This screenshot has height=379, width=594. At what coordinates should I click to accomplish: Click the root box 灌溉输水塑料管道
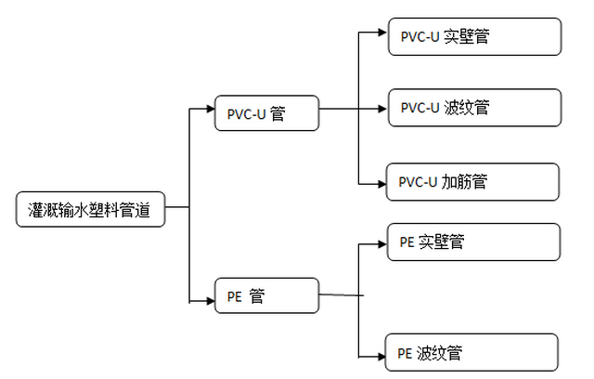(x=91, y=210)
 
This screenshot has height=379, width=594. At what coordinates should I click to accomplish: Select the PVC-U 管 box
(x=266, y=114)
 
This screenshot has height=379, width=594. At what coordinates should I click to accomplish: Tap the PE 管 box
(x=266, y=297)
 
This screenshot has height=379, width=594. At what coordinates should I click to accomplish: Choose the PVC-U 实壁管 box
(x=474, y=38)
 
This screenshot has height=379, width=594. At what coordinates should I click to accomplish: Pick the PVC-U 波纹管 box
(x=474, y=108)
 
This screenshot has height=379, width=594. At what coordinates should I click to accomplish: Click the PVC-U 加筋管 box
(x=473, y=182)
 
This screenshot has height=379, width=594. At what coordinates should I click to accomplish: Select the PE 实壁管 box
(x=474, y=242)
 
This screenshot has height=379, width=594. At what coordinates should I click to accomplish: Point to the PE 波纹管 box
(x=472, y=353)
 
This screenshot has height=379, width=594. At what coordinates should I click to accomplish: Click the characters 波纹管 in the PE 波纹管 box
(x=439, y=353)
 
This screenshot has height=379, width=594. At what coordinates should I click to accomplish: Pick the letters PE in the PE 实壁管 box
(x=407, y=242)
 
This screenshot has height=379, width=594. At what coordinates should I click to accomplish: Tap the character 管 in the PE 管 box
(x=257, y=297)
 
